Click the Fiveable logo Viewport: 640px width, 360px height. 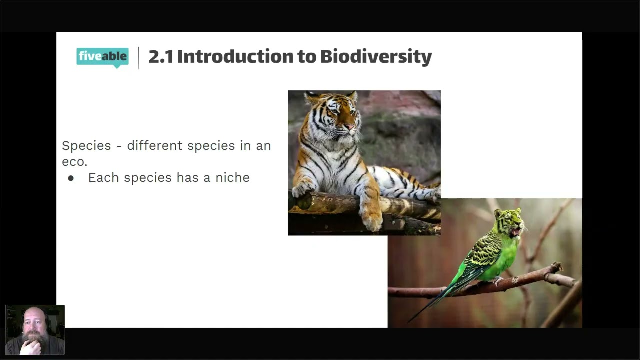(102, 57)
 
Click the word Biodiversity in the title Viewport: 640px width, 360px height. (376, 57)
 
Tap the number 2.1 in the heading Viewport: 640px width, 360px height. (161, 57)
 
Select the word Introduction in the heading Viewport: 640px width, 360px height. (235, 56)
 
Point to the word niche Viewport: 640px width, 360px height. (232, 177)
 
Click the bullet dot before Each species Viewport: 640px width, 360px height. (71, 179)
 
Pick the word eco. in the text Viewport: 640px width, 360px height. (75, 162)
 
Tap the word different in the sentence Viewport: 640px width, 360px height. (155, 145)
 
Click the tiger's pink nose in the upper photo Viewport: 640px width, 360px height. (349, 127)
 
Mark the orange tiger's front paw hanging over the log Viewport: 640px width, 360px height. (372, 220)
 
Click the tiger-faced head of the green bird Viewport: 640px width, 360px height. (510, 222)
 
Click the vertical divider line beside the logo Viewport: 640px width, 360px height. (138, 58)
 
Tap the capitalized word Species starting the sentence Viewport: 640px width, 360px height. (86, 146)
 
